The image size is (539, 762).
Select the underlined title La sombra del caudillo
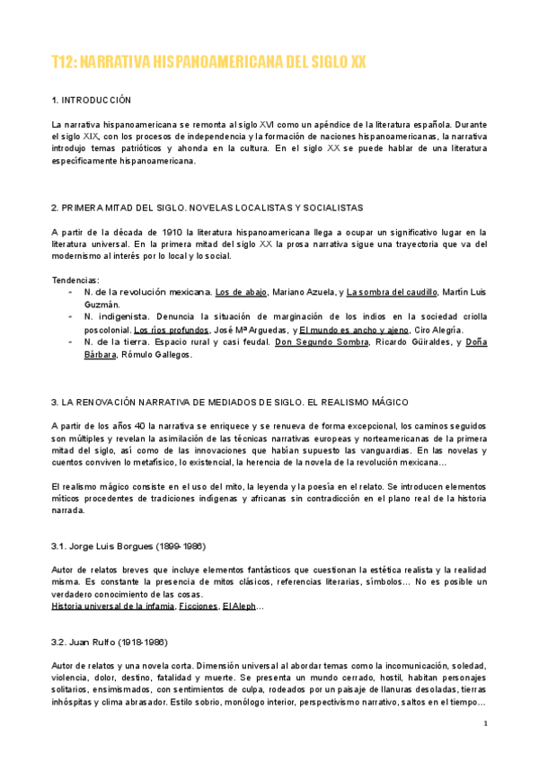tap(392, 292)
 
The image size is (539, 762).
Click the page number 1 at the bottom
tap(485, 723)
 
